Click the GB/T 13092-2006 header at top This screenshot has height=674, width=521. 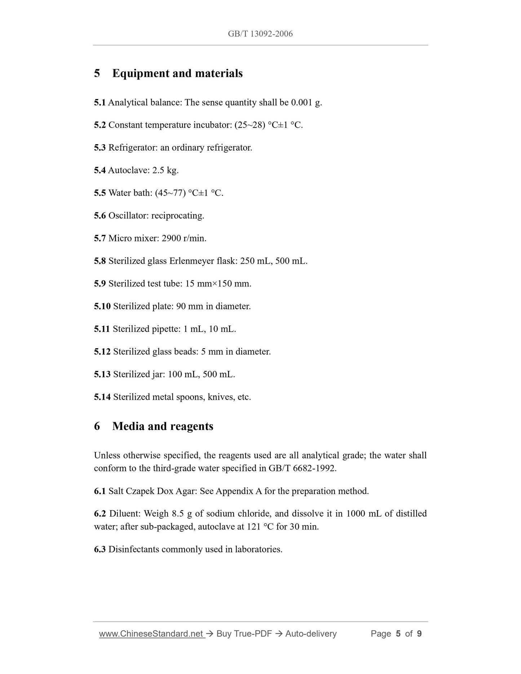pyautogui.click(x=260, y=34)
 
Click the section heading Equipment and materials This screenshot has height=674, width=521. pyautogui.click(x=177, y=73)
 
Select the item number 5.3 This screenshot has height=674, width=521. pyautogui.click(x=100, y=148)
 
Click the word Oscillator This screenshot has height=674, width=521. pyautogui.click(x=128, y=216)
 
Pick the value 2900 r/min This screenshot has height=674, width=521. pyautogui.click(x=184, y=238)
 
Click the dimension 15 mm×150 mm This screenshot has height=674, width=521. pyautogui.click(x=218, y=284)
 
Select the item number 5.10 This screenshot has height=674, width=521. pyautogui.click(x=102, y=306)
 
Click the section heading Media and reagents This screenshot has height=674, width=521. pyautogui.click(x=163, y=426)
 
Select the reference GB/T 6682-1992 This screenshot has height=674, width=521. pyautogui.click(x=302, y=468)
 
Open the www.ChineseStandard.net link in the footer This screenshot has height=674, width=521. pyautogui.click(x=151, y=634)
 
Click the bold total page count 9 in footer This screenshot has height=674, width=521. pyautogui.click(x=419, y=634)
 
